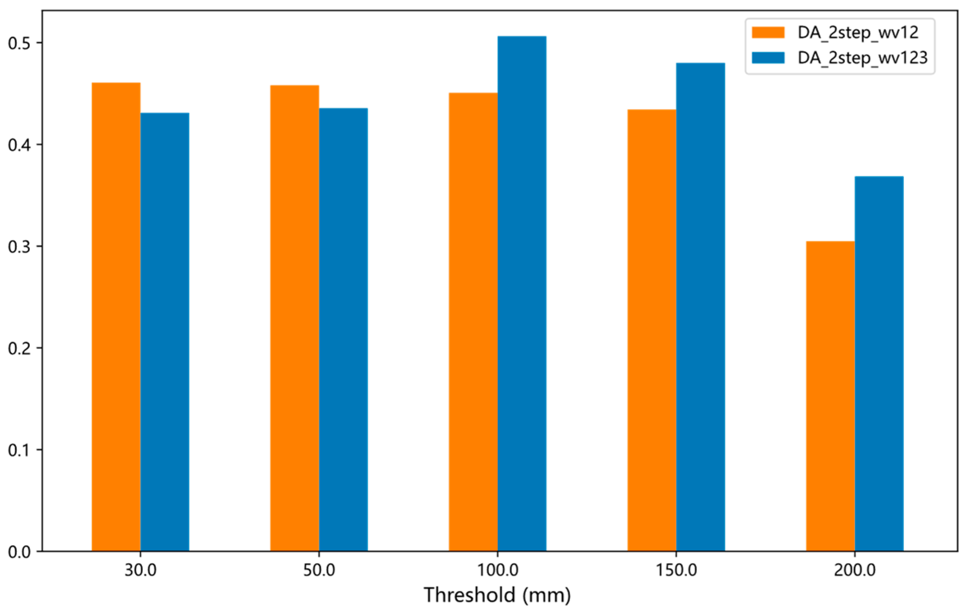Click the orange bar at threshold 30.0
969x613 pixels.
(116, 317)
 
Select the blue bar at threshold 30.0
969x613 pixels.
(165, 332)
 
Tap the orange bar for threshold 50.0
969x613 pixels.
(295, 318)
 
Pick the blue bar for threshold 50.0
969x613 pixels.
(343, 330)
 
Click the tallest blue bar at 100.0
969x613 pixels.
(522, 294)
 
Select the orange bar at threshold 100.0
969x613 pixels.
(473, 322)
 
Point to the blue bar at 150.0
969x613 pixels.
(700, 307)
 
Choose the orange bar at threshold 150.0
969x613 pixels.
(652, 330)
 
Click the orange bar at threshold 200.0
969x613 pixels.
(830, 396)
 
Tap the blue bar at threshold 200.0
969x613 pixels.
(879, 364)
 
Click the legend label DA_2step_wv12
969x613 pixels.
(858, 33)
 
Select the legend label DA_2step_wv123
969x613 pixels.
(862, 58)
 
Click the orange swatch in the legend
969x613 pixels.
(768, 33)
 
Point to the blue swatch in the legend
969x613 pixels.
(768, 58)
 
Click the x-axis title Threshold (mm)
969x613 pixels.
(497, 595)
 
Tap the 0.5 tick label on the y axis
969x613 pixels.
(19, 43)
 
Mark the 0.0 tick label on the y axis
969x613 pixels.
(19, 552)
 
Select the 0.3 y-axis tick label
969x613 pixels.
(19, 247)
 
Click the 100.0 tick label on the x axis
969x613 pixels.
(498, 570)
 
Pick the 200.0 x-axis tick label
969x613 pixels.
(855, 570)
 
